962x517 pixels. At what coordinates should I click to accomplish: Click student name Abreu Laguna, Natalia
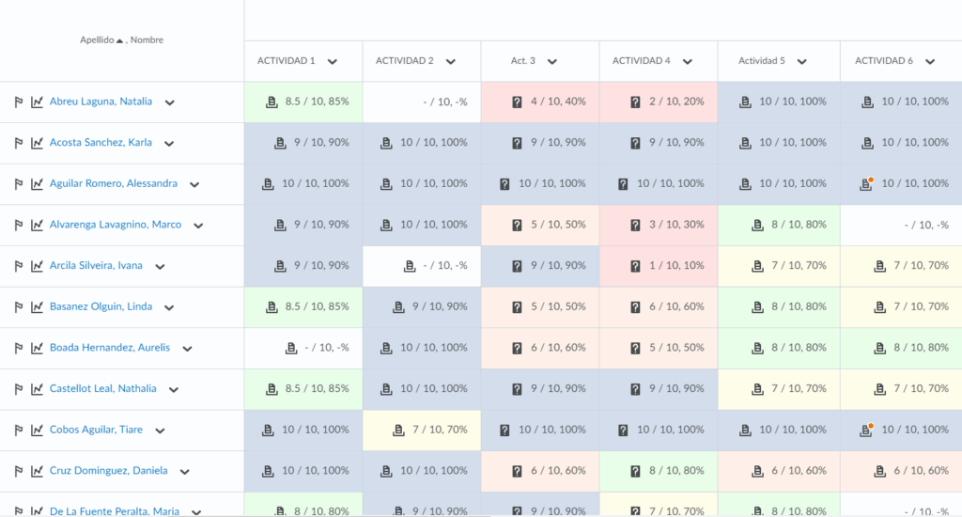pos(100,102)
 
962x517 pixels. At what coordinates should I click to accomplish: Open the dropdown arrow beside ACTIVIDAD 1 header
pos(333,61)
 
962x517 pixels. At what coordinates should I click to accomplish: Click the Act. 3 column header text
pos(523,61)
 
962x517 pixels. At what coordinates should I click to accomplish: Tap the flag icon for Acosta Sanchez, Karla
pos(18,143)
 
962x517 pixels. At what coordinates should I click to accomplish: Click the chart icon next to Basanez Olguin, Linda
pos(37,306)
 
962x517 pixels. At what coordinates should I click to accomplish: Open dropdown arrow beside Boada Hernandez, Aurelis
pos(188,348)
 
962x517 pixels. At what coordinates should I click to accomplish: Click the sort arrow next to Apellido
pos(120,40)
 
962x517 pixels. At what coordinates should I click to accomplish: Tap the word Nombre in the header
pos(147,40)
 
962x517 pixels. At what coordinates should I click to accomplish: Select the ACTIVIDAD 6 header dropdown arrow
pos(929,61)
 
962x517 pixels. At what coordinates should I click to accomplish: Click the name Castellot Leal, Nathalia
pos(102,388)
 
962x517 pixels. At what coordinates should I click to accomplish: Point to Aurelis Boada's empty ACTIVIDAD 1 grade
pos(327,348)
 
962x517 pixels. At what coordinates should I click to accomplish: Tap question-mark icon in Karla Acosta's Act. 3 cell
pos(517,143)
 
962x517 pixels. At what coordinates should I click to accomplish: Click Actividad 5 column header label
pos(762,61)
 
